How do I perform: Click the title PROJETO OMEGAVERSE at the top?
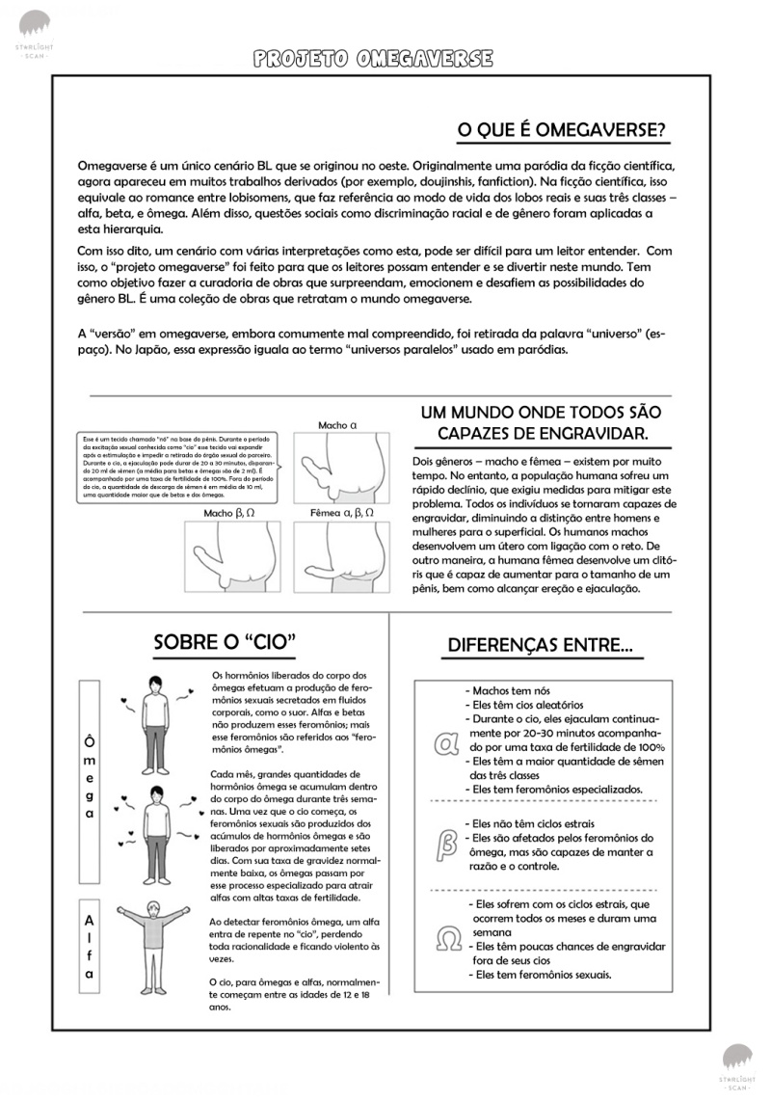pos(373,59)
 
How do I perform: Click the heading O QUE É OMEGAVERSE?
pos(561,131)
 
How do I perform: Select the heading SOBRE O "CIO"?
pos(224,641)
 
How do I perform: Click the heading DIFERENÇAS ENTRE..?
pos(540,645)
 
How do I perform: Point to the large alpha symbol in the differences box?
pos(446,744)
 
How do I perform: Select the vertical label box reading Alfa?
pos(89,946)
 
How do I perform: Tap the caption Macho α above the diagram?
pos(337,424)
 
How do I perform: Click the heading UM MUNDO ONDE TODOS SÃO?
pos(541,412)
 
